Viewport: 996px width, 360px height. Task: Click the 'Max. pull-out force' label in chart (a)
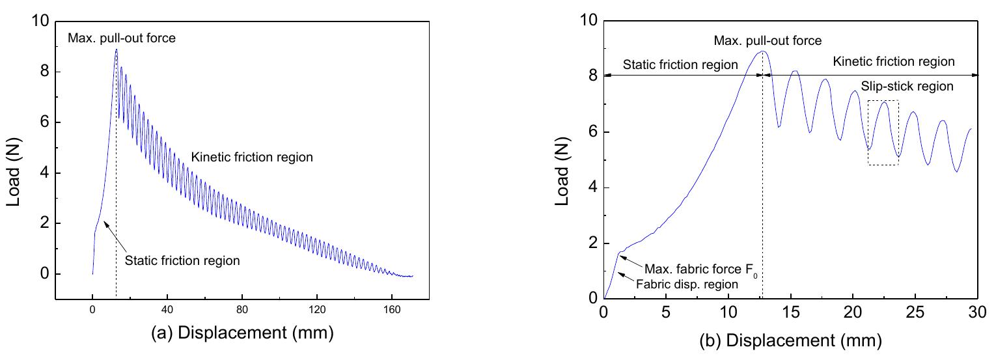[122, 38]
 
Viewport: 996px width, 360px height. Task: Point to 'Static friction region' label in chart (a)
[182, 261]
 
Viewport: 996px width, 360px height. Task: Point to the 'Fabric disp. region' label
[689, 284]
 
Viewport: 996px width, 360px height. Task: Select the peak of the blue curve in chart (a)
[116, 49]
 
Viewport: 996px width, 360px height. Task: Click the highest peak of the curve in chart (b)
[763, 51]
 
